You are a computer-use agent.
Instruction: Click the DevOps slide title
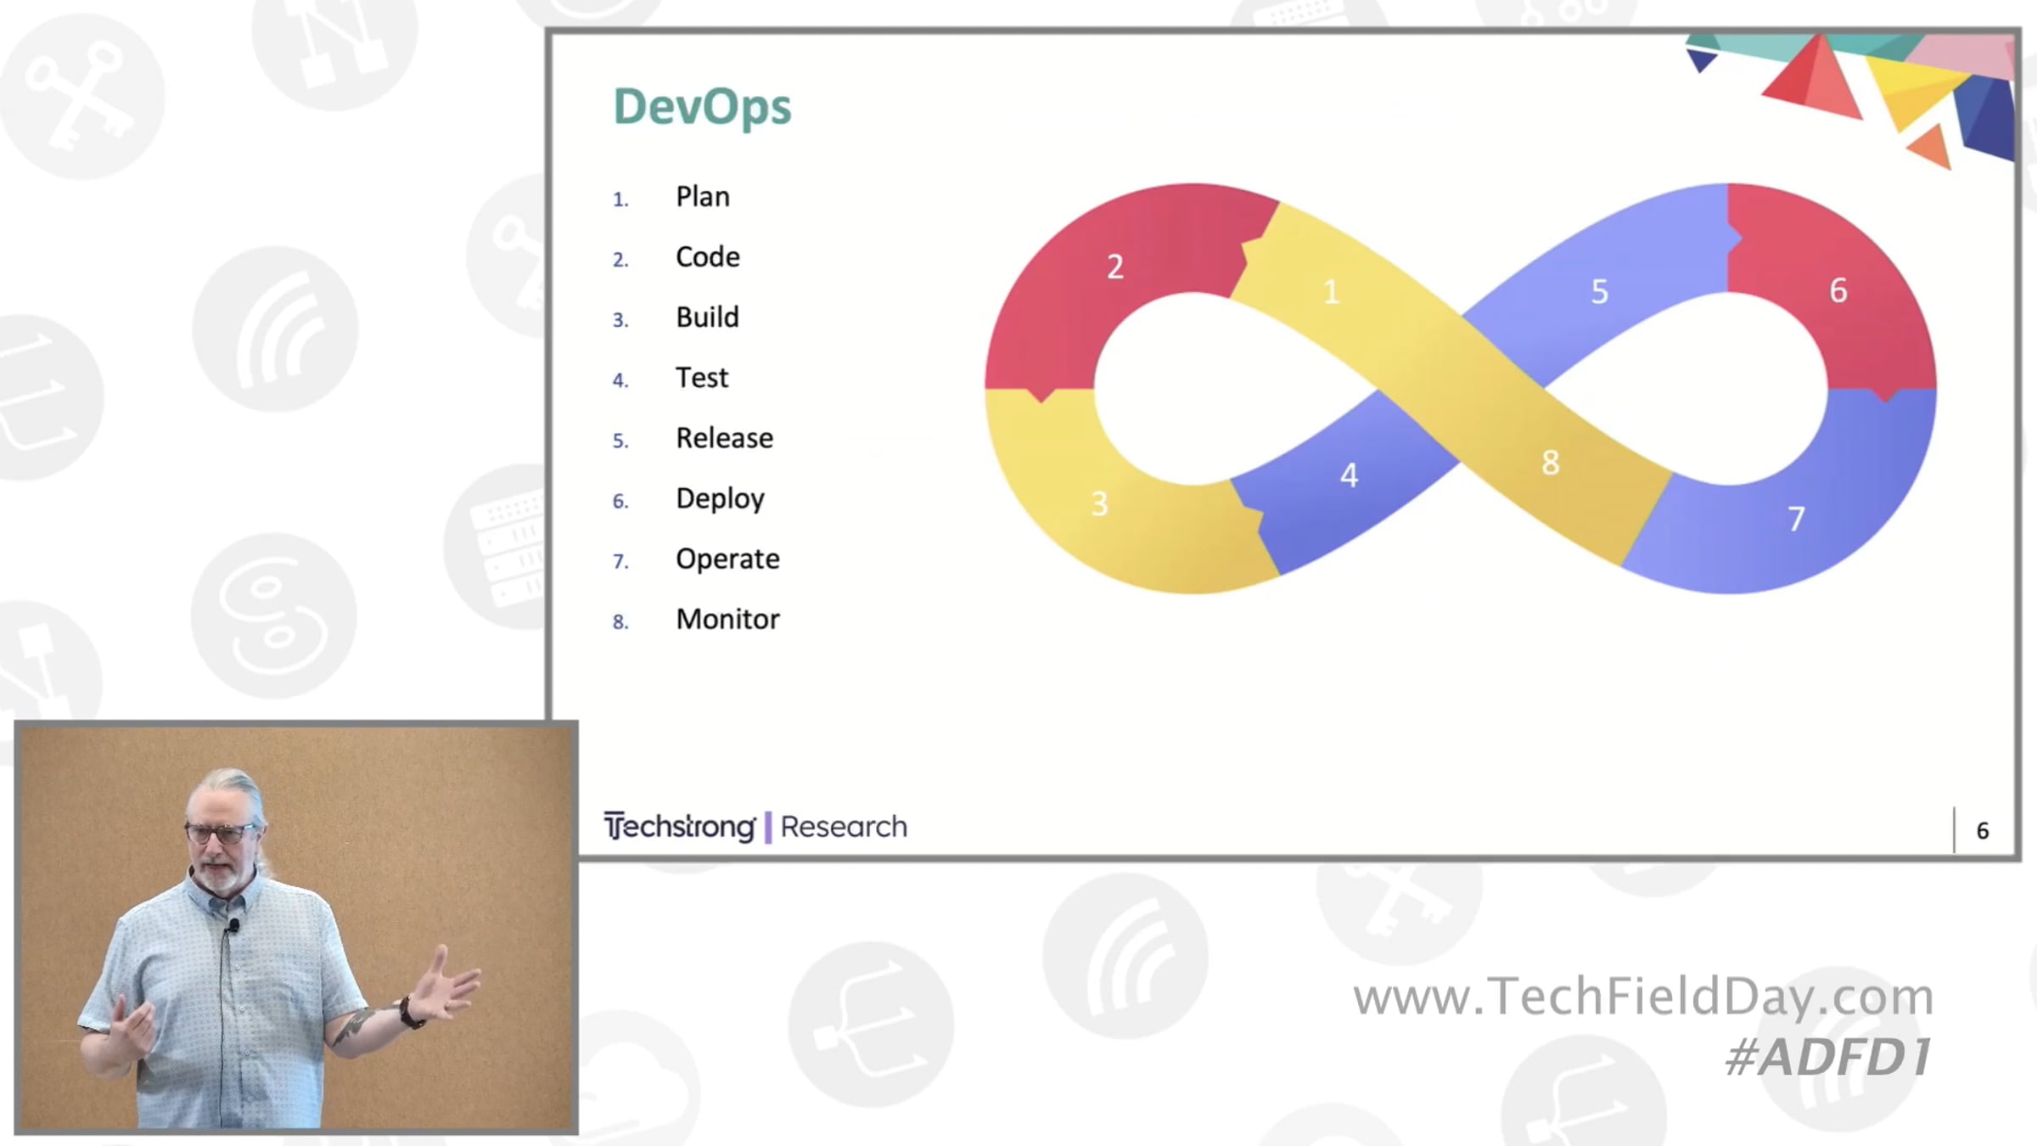point(702,108)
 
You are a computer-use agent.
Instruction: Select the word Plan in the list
point(703,197)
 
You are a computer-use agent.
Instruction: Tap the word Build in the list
point(707,317)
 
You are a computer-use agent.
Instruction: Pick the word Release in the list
point(724,438)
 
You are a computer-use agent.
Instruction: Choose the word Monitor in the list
point(727,620)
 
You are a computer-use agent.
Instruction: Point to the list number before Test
point(620,380)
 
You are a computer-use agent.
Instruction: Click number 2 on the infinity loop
point(1115,267)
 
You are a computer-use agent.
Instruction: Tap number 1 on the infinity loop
point(1331,292)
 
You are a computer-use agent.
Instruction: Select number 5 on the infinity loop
point(1599,292)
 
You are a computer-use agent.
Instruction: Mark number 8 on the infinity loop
point(1550,463)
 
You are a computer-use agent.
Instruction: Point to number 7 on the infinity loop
point(1796,519)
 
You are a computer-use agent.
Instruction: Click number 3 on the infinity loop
point(1099,504)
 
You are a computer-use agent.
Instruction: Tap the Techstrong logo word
point(679,826)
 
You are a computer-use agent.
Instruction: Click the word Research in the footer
point(844,827)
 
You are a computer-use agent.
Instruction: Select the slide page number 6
point(1983,831)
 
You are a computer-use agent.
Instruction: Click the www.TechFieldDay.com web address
point(1643,996)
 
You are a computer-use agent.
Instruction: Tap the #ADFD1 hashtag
point(1829,1057)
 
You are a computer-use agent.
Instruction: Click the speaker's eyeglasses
point(219,832)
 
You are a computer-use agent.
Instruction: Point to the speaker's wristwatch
point(412,1013)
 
